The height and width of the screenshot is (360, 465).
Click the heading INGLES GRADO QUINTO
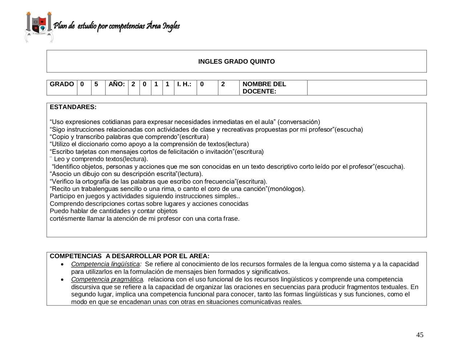pos(236,61)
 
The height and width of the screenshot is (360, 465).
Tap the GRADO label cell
pos(62,84)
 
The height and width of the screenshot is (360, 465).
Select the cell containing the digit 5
pos(96,84)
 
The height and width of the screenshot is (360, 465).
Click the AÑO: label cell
pos(117,84)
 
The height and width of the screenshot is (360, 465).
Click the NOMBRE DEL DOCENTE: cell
pos(264,88)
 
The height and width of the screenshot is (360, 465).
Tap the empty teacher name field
pos(367,88)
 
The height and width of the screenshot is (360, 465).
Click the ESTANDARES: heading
pos(73,107)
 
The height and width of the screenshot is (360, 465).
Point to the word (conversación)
pos(299,122)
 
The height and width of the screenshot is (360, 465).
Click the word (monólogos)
pos(286,189)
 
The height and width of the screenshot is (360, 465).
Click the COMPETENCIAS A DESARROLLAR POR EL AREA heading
pos(129,256)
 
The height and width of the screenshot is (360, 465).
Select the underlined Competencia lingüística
pos(105,264)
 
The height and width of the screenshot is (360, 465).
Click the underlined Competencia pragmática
pos(107,279)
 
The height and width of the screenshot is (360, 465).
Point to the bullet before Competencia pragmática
pos(63,280)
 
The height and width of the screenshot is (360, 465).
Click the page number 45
pos(420,335)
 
